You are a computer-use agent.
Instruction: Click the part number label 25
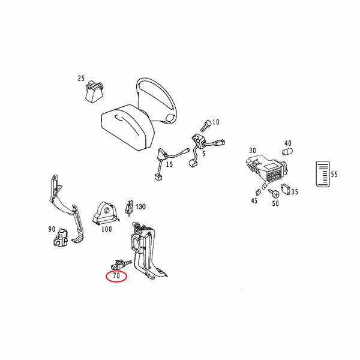click(x=81, y=78)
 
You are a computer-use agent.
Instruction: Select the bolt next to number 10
click(x=206, y=126)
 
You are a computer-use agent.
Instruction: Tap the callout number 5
click(x=204, y=154)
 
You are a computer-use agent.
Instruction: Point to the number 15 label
click(x=169, y=164)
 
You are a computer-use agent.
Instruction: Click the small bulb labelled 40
click(x=287, y=152)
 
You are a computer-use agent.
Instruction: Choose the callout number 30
click(x=253, y=151)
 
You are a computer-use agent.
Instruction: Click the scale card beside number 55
click(x=323, y=174)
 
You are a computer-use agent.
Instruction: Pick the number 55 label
click(x=334, y=175)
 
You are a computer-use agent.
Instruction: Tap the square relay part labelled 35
click(x=286, y=190)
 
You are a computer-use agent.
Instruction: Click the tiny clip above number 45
click(x=258, y=193)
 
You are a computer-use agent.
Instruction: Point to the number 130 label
click(x=140, y=206)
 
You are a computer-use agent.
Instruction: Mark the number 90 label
click(x=52, y=229)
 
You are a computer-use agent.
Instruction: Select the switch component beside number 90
click(x=61, y=238)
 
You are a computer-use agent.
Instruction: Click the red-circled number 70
click(x=116, y=275)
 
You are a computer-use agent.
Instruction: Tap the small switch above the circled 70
click(x=120, y=265)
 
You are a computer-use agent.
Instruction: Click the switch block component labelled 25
click(x=94, y=91)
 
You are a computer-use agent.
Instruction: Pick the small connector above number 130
click(x=129, y=208)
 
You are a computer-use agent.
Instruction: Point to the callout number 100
click(x=107, y=229)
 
